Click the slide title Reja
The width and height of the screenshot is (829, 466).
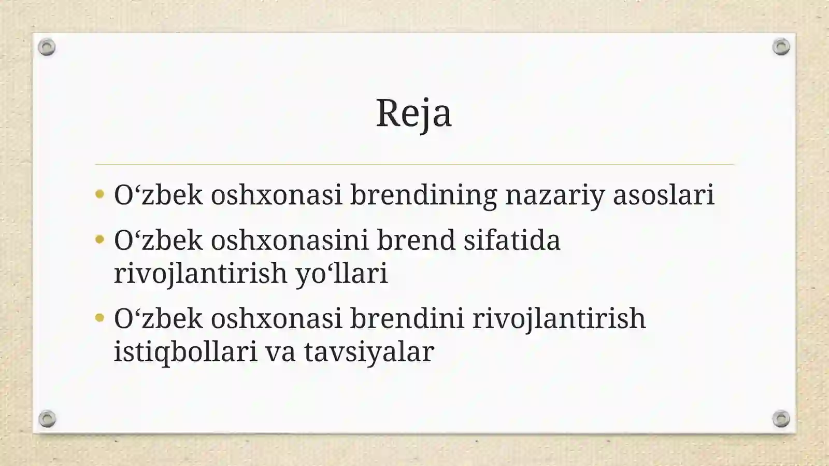pyautogui.click(x=413, y=113)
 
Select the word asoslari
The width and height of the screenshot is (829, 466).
pyautogui.click(x=664, y=195)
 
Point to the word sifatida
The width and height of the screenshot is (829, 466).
pyautogui.click(x=512, y=241)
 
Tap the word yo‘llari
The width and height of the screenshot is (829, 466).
pyautogui.click(x=341, y=273)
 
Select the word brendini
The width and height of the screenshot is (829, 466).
pyautogui.click(x=407, y=318)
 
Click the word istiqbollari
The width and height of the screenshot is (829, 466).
pyautogui.click(x=185, y=352)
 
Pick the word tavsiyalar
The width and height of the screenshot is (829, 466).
pyautogui.click(x=368, y=352)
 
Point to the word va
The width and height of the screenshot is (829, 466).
pyautogui.click(x=280, y=352)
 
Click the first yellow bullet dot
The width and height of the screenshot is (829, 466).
pyautogui.click(x=100, y=195)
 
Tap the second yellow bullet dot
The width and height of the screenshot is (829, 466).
pyautogui.click(x=100, y=240)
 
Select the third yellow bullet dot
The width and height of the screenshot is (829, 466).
pyautogui.click(x=100, y=318)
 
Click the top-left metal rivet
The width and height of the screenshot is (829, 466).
pyautogui.click(x=47, y=47)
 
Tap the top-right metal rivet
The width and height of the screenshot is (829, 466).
pyautogui.click(x=781, y=47)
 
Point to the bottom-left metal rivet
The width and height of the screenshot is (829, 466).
pyautogui.click(x=47, y=418)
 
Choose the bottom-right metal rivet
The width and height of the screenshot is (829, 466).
pyautogui.click(x=781, y=418)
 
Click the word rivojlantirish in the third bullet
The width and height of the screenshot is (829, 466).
pyautogui.click(x=559, y=318)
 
